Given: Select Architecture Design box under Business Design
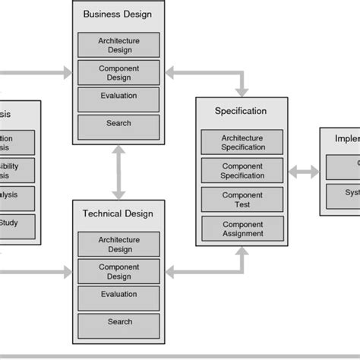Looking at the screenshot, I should (x=119, y=45).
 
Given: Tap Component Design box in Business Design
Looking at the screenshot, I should (x=119, y=72).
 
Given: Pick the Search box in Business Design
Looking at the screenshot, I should (x=119, y=125).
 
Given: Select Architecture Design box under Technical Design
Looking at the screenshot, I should (x=119, y=244).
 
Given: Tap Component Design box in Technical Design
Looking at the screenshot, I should (x=119, y=272).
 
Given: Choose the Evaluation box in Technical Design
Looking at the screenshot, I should (x=119, y=296).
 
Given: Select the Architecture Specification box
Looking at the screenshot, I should (x=242, y=142).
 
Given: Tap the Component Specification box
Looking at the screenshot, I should (x=242, y=169).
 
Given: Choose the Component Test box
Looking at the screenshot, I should (x=242, y=199).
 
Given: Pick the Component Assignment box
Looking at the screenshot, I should (x=242, y=228).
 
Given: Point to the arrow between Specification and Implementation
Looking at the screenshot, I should (x=305, y=173).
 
